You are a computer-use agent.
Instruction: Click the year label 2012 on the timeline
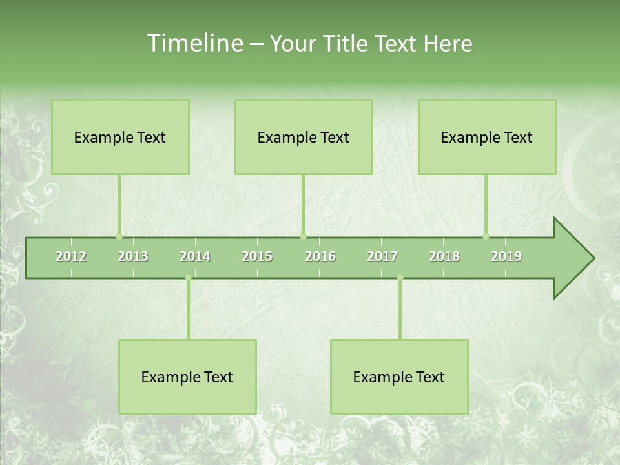pyautogui.click(x=71, y=256)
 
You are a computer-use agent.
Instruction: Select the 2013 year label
pyautogui.click(x=133, y=256)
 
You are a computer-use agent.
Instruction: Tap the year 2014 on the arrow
pyautogui.click(x=195, y=256)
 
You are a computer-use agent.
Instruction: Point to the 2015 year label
pyautogui.click(x=257, y=256)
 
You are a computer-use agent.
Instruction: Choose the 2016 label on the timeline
pyautogui.click(x=320, y=256)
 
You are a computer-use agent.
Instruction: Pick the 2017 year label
pyautogui.click(x=382, y=256)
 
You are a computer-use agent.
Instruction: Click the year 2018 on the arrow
pyautogui.click(x=444, y=256)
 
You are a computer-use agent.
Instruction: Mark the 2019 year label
pyautogui.click(x=506, y=256)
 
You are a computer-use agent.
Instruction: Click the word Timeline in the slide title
pyautogui.click(x=194, y=43)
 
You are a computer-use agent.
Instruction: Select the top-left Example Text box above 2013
pyautogui.click(x=120, y=137)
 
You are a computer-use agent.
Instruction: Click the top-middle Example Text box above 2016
pyautogui.click(x=304, y=137)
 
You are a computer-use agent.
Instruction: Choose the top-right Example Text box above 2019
pyautogui.click(x=487, y=137)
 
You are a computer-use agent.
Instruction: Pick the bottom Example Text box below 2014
pyautogui.click(x=187, y=377)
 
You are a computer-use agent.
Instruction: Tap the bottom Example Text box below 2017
pyautogui.click(x=399, y=377)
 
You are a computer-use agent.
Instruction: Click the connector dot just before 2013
pyautogui.click(x=119, y=236)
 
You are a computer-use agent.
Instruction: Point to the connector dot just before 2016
pyautogui.click(x=303, y=236)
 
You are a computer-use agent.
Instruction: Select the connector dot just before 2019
pyautogui.click(x=486, y=236)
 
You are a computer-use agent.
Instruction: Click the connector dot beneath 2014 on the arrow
pyautogui.click(x=188, y=278)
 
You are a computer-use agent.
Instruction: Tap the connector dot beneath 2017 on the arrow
pyautogui.click(x=400, y=278)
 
